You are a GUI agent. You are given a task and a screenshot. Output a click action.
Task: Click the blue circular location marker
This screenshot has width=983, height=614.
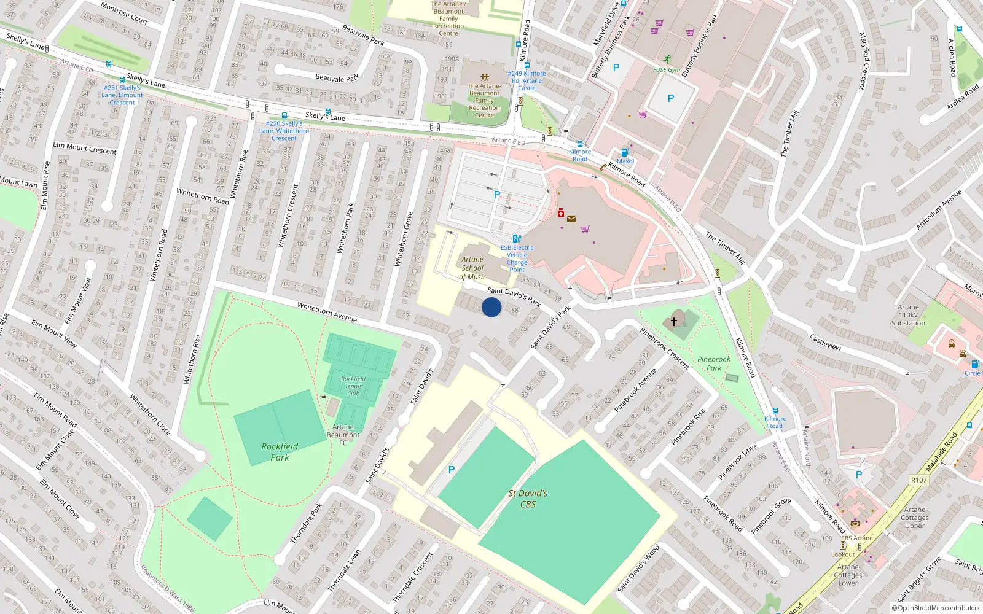click(x=491, y=307)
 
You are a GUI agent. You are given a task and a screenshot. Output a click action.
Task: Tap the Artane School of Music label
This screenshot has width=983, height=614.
click(x=472, y=268)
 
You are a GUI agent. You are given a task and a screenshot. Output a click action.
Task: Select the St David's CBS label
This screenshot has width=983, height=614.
click(x=528, y=499)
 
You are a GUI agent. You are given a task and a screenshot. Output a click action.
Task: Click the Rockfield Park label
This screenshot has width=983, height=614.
click(x=280, y=452)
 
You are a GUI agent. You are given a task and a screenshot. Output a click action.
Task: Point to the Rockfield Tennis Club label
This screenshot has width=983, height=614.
click(x=353, y=386)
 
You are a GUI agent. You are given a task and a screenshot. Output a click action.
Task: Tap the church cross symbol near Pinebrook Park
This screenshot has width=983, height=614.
click(x=674, y=321)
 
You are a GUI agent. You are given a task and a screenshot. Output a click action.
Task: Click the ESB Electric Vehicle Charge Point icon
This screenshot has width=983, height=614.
click(x=517, y=238)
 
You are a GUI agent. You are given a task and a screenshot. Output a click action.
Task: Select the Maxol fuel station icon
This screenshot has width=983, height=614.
click(x=625, y=152)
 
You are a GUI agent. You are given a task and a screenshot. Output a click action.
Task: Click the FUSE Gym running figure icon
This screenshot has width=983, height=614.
click(x=667, y=60)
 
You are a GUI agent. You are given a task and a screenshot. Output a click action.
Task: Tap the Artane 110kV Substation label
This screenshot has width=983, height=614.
click(x=908, y=315)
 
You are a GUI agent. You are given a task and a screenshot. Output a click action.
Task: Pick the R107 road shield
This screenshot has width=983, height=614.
click(x=919, y=480)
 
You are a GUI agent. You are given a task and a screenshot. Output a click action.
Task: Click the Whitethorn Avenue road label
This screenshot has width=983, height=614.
click(x=327, y=312)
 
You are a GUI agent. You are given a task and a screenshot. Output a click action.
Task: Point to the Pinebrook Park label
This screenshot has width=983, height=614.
click(x=714, y=363)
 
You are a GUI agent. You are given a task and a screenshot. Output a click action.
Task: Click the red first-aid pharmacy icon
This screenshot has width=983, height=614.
click(x=561, y=212)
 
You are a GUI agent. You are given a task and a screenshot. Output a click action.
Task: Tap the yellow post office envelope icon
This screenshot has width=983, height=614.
click(x=571, y=218)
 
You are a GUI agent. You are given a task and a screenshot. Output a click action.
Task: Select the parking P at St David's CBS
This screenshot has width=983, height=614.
click(x=452, y=470)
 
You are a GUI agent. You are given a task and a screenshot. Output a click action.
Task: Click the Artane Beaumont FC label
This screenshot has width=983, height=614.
click(x=343, y=435)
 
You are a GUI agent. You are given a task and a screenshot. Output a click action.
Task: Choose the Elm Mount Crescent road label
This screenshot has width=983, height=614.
click(x=84, y=148)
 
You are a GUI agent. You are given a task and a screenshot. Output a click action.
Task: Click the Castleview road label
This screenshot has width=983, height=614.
click(x=825, y=342)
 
